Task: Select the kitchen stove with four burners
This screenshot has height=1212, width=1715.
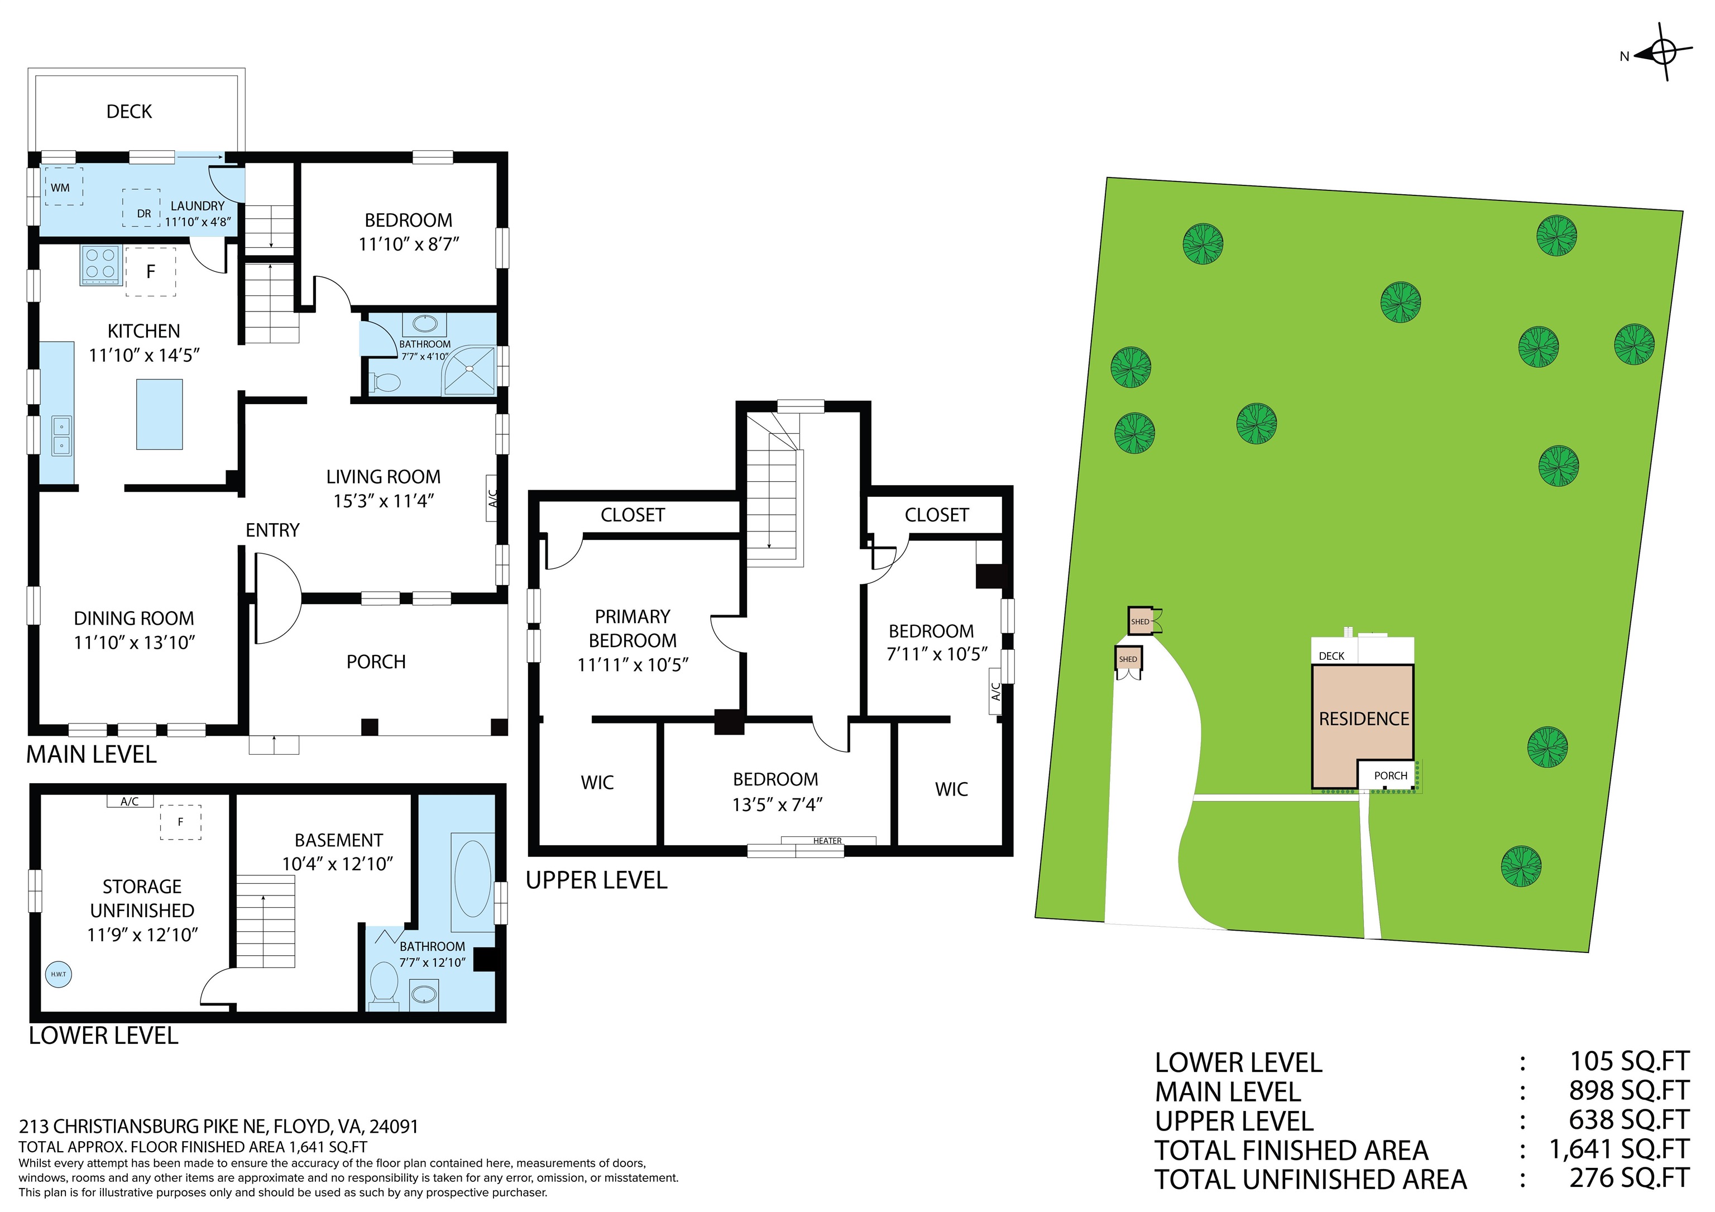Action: pyautogui.click(x=101, y=265)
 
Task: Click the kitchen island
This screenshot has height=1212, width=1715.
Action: pyautogui.click(x=159, y=414)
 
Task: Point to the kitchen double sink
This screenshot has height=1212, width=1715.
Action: pyautogui.click(x=61, y=435)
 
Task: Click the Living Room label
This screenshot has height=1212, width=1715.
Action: pyautogui.click(x=383, y=476)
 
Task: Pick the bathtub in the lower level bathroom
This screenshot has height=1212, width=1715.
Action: pyautogui.click(x=472, y=879)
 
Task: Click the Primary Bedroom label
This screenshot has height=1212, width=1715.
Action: pyautogui.click(x=633, y=628)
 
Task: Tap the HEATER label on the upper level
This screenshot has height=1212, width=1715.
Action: pyautogui.click(x=827, y=841)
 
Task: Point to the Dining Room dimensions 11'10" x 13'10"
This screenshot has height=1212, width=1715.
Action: pyautogui.click(x=135, y=642)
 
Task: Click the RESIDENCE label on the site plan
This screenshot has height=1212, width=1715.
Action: pyautogui.click(x=1364, y=718)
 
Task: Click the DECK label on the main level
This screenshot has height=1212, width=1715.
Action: pyautogui.click(x=129, y=111)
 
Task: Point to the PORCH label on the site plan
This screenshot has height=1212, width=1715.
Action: pyautogui.click(x=1391, y=776)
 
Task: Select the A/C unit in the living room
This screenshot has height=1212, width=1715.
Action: pyautogui.click(x=492, y=498)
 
